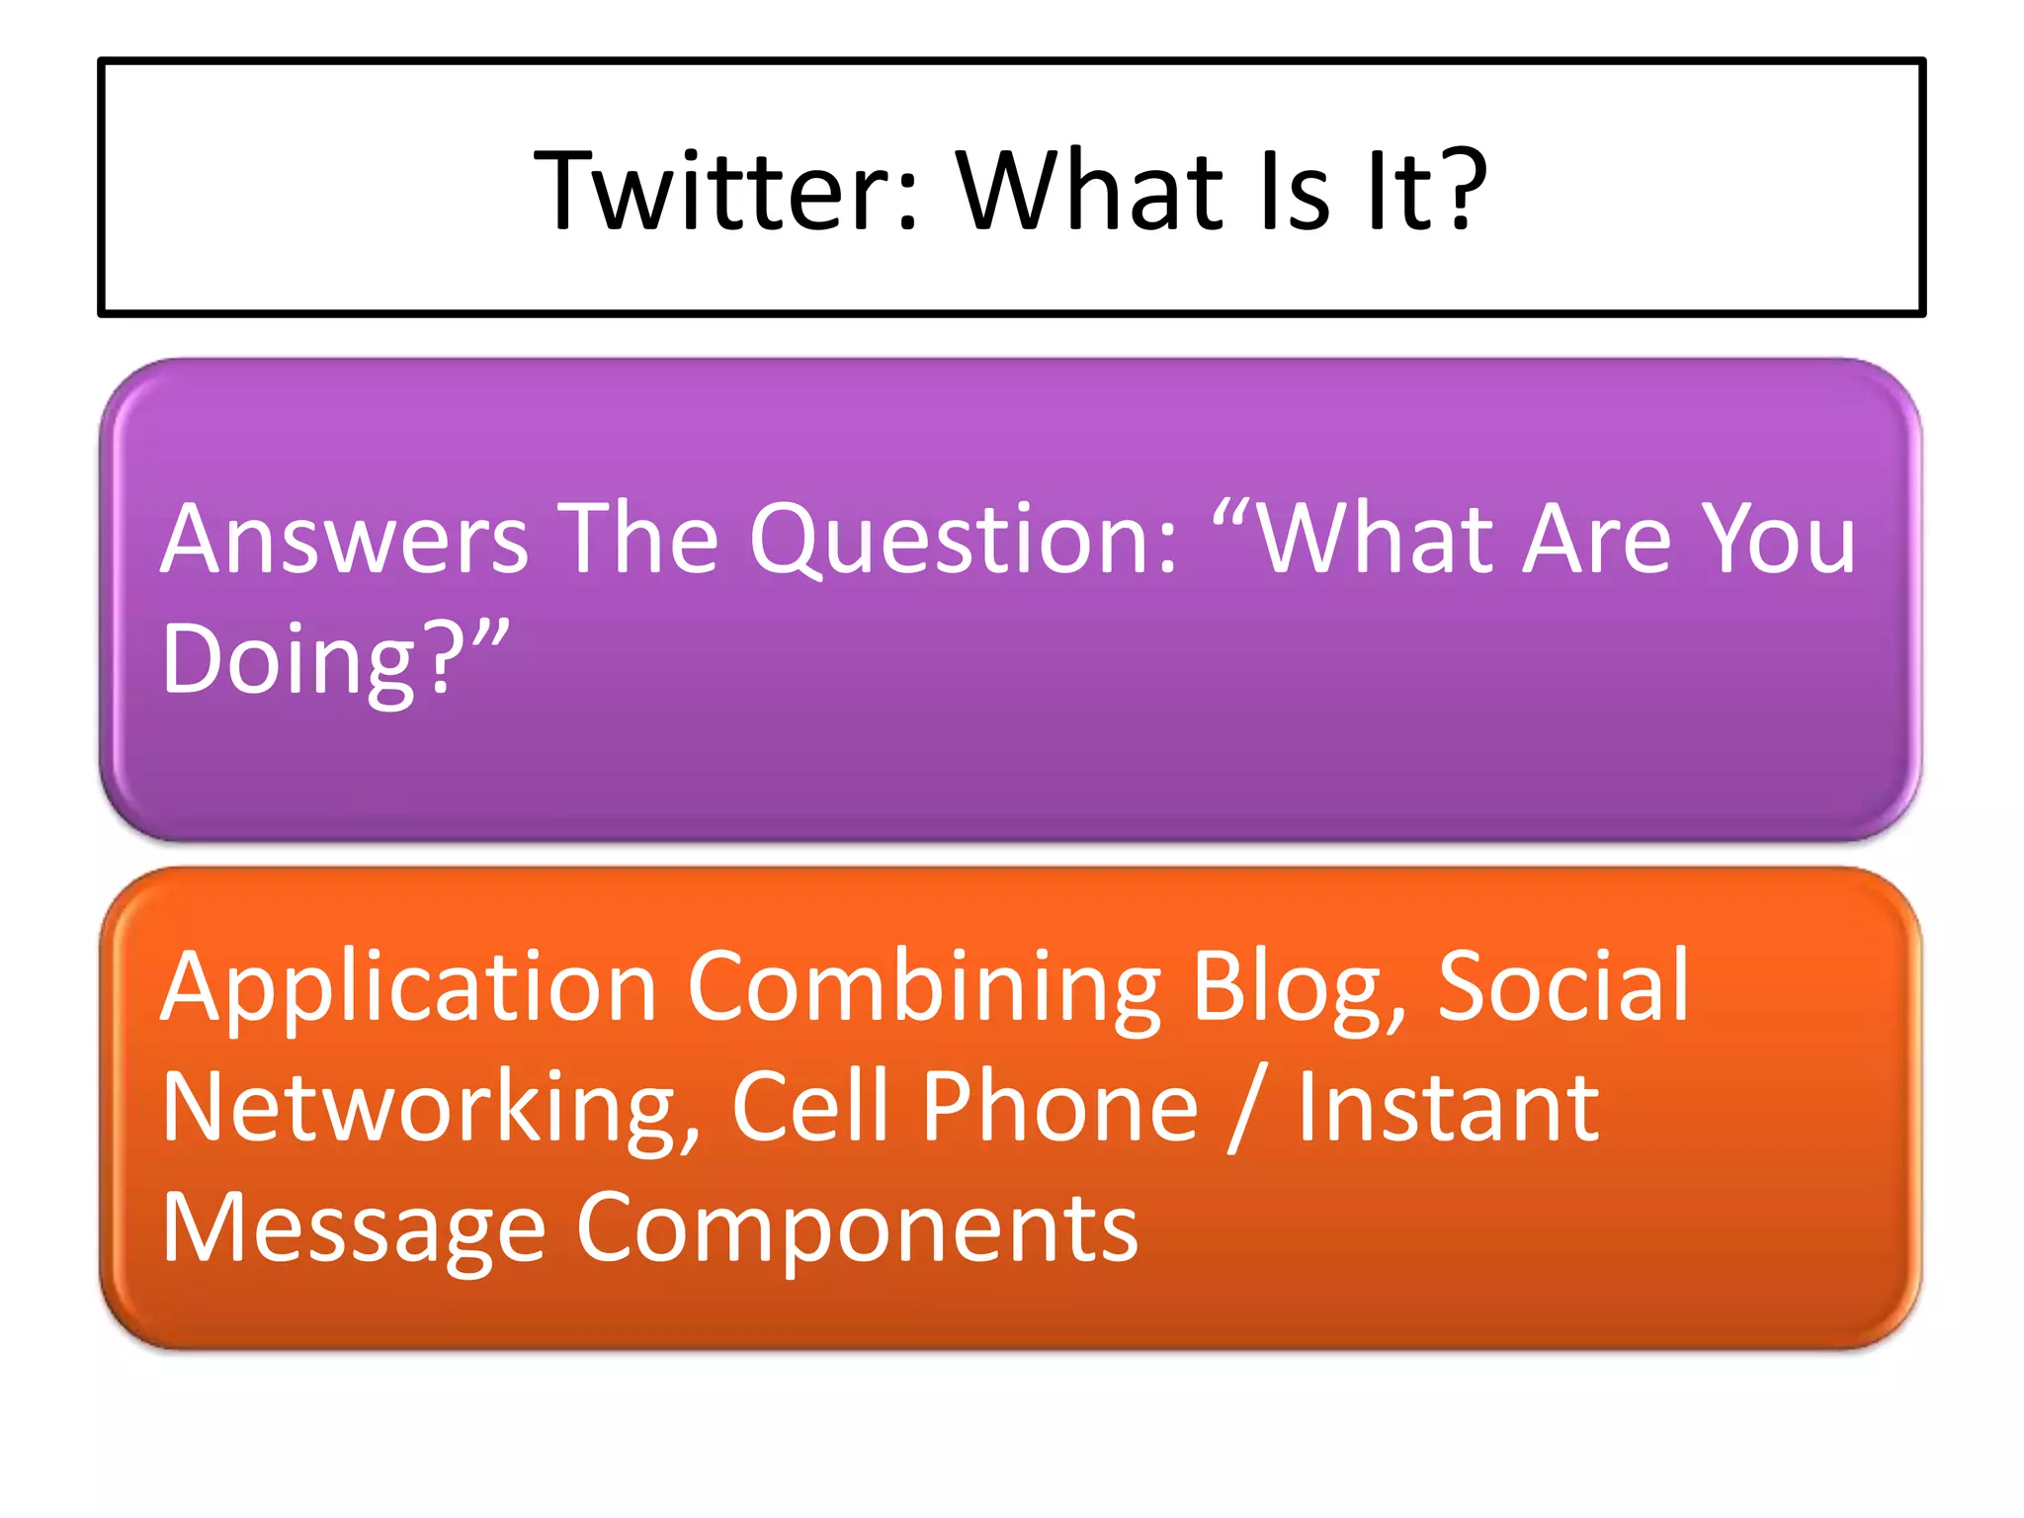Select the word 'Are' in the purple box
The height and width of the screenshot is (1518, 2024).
tap(1597, 540)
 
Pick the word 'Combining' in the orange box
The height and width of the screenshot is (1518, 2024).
tap(924, 988)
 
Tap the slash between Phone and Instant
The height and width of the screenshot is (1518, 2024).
tap(1245, 1109)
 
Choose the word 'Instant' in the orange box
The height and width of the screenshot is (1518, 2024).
tap(1447, 1109)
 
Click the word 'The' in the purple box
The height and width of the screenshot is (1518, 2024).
tap(638, 540)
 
